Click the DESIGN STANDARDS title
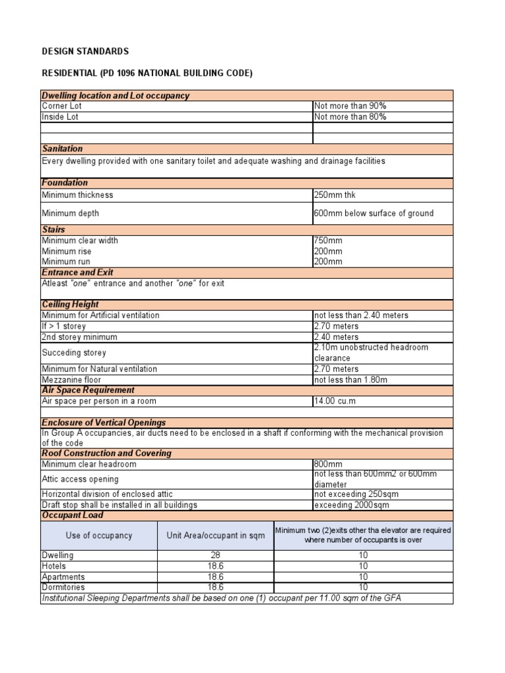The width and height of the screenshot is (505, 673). point(85,51)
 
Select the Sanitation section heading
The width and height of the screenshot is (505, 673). point(62,149)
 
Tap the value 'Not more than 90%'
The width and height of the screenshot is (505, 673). point(350,106)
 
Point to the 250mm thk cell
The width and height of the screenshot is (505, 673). point(335,195)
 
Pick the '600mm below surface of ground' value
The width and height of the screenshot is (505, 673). point(373,214)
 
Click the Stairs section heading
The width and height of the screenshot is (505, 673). point(53,230)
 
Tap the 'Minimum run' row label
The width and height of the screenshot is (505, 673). point(66,262)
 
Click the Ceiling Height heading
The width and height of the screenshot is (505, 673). point(70,304)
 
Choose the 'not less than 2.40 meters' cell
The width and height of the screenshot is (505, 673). point(361,315)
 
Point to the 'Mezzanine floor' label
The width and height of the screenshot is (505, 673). point(72,380)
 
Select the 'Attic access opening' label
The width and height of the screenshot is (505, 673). point(80,479)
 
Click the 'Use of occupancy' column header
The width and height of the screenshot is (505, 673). point(99,535)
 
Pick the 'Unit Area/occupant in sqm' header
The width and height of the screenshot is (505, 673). point(216,535)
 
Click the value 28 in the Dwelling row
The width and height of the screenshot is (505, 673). point(216,555)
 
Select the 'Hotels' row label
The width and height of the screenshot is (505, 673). point(54,566)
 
